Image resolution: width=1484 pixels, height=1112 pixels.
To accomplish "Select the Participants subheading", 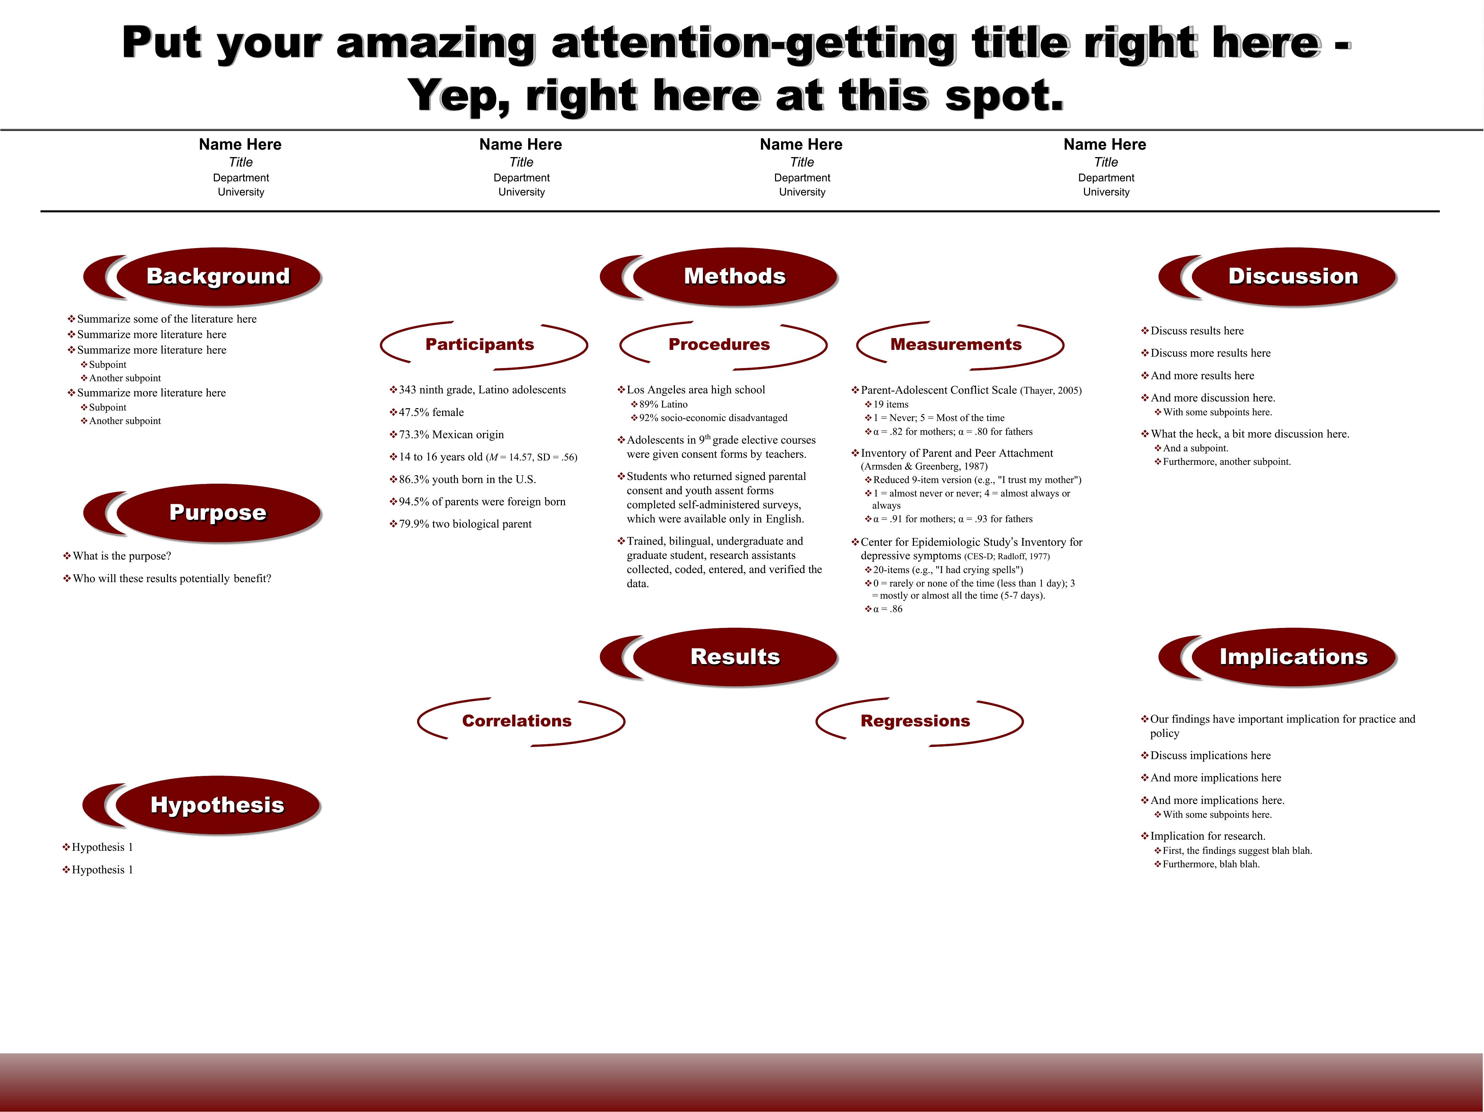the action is (480, 345).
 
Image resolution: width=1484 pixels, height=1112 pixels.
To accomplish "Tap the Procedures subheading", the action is (719, 345).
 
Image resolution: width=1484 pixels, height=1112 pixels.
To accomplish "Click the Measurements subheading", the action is (956, 345).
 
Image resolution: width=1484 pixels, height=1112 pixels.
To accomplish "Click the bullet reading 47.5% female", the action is (427, 413).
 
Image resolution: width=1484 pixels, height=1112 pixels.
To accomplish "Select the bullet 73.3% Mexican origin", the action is (447, 434).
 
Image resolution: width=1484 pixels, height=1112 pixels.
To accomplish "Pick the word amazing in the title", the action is (435, 44).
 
